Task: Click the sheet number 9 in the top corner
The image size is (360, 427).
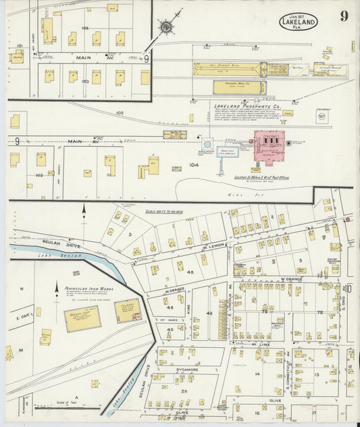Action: tap(344, 16)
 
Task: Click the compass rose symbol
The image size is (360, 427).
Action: tap(166, 26)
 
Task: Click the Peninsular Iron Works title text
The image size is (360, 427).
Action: tap(89, 290)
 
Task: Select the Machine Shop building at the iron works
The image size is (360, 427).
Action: tap(82, 318)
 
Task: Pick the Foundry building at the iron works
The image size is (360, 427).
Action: tap(128, 311)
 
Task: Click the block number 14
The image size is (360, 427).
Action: tap(257, 373)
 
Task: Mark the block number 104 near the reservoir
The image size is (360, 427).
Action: tap(194, 164)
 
